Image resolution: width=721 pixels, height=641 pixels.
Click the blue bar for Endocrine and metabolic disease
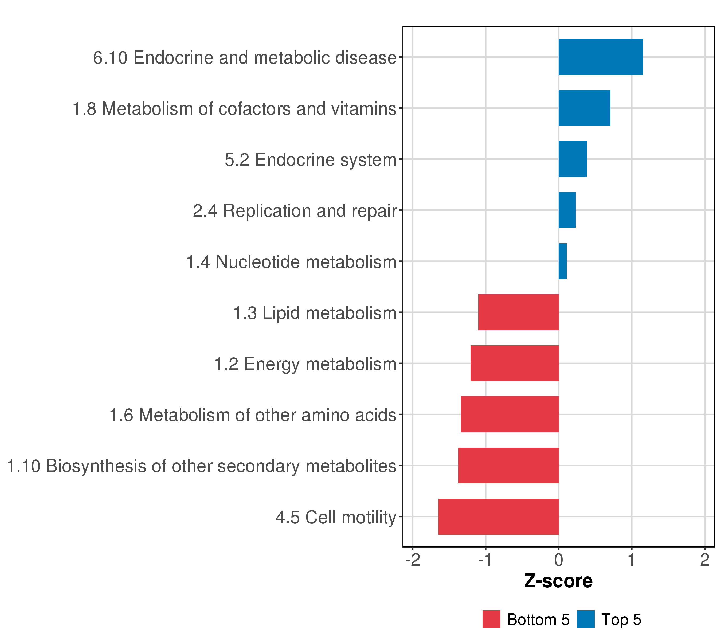(x=600, y=57)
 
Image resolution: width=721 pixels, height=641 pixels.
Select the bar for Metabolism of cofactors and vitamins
(x=584, y=108)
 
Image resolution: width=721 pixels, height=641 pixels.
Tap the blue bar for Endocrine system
(x=573, y=159)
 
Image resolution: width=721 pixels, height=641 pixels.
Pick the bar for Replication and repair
(x=567, y=210)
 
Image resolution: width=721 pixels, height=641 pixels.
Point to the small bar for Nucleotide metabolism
(x=562, y=261)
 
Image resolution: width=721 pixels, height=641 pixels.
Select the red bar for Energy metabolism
(x=514, y=363)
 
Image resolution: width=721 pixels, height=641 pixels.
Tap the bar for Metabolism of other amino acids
(x=510, y=415)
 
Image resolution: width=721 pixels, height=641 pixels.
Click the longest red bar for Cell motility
(x=498, y=517)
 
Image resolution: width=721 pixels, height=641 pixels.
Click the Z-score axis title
(x=558, y=581)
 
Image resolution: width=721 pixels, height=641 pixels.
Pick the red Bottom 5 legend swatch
(x=491, y=619)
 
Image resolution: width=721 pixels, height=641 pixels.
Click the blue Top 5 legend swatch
(x=586, y=619)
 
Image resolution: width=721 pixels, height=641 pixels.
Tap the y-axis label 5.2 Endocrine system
(x=310, y=160)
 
